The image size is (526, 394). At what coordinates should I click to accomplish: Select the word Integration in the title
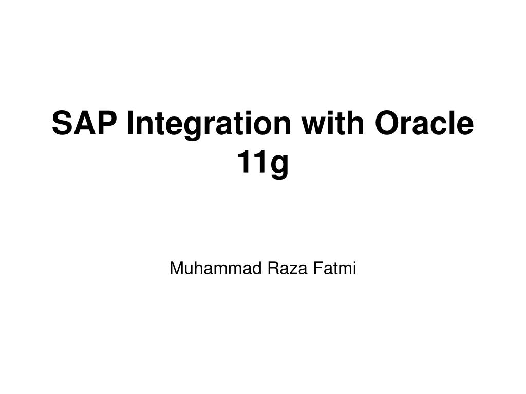(x=209, y=125)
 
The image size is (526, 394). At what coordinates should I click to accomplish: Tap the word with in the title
(x=332, y=123)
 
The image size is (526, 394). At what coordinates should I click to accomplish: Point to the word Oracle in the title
(x=424, y=123)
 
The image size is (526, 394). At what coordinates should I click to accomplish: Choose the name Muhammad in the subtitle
(x=215, y=268)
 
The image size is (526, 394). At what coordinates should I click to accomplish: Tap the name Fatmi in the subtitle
(x=334, y=268)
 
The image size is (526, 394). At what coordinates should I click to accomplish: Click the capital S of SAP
(x=63, y=123)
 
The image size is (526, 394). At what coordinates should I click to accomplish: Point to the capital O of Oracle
(x=387, y=123)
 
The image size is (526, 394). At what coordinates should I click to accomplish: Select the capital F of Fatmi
(x=318, y=268)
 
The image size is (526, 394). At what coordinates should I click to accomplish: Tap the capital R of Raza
(x=273, y=268)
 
